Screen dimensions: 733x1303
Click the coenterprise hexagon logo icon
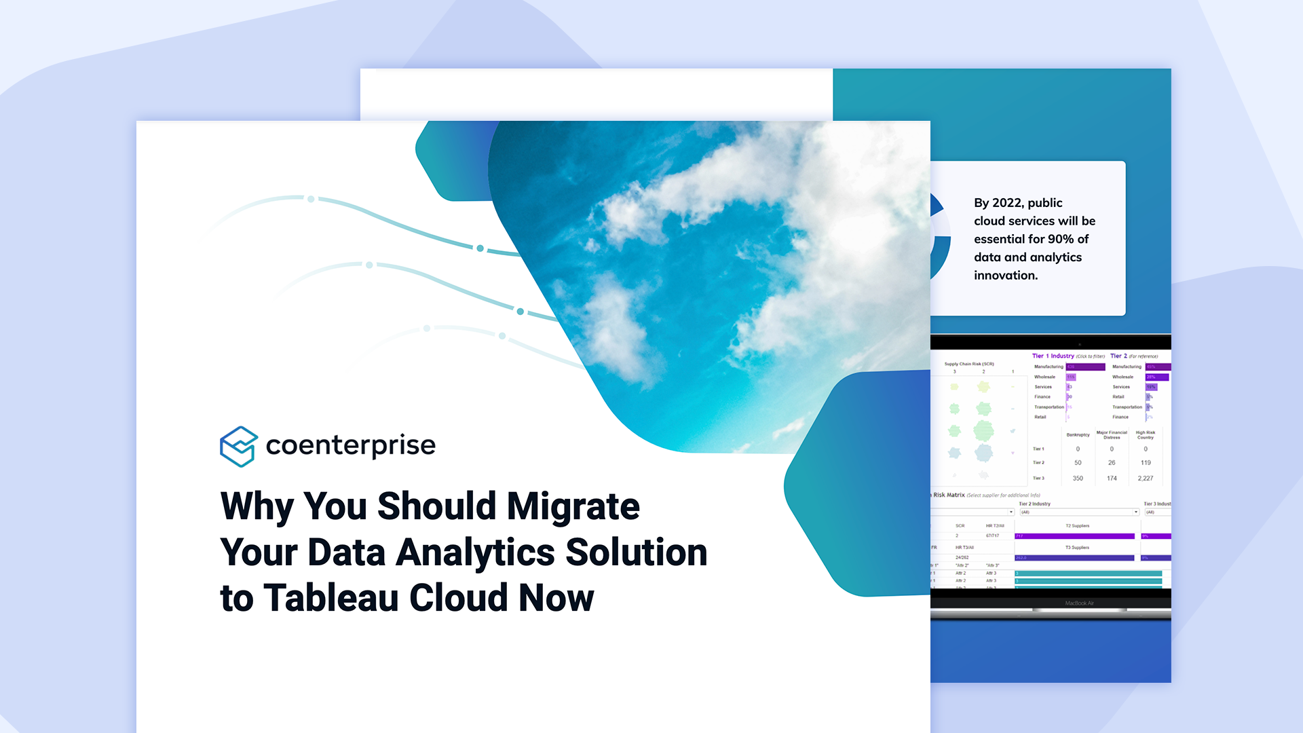[238, 446]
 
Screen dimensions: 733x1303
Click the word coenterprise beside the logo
[350, 445]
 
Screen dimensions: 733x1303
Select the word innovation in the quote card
[1005, 276]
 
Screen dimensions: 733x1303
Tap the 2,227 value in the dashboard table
[1145, 478]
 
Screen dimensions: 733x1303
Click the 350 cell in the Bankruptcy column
[1078, 478]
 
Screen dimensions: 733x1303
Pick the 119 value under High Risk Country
[1146, 463]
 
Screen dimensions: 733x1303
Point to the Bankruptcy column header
[1078, 434]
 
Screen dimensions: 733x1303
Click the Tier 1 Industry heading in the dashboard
[1053, 356]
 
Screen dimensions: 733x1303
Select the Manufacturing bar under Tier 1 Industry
[1085, 367]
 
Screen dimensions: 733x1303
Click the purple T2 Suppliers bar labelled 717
[1074, 536]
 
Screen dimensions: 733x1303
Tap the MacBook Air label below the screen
[1079, 603]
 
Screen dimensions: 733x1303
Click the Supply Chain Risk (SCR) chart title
[969, 364]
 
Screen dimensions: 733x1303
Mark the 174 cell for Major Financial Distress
[1112, 478]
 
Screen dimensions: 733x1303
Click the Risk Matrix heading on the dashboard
[949, 495]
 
